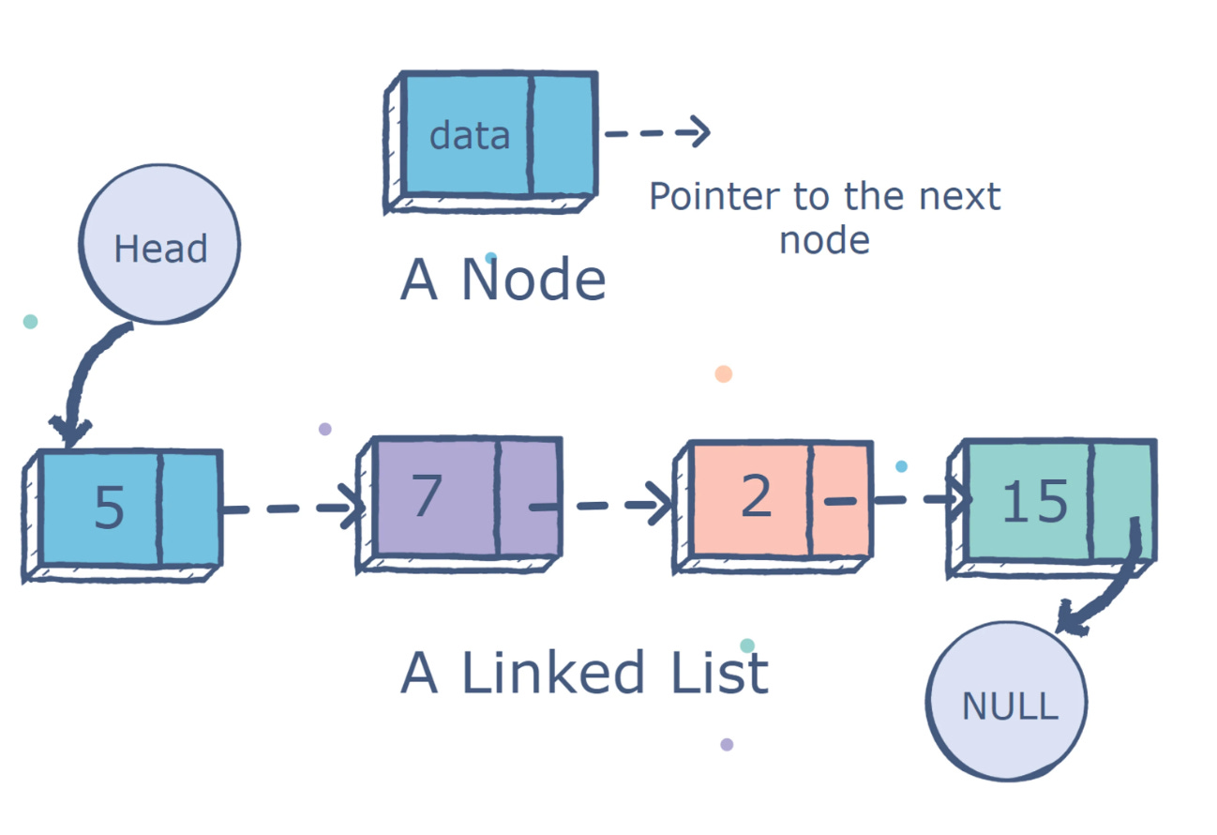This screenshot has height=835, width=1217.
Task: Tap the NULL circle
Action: tap(1008, 702)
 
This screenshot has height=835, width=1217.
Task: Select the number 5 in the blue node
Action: tap(109, 508)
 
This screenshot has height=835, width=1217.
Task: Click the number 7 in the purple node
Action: tap(427, 496)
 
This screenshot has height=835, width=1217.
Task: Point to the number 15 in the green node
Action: tap(1034, 501)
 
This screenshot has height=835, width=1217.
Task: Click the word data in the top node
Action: tap(469, 136)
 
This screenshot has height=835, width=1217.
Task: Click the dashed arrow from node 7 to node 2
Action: tap(605, 506)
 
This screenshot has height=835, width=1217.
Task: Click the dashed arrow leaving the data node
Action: tap(656, 132)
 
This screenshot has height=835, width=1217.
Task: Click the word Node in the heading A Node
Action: tap(533, 281)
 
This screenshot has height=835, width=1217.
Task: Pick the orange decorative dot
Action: tap(723, 373)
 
